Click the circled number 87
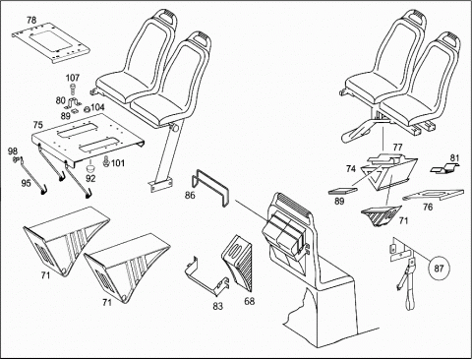click(x=439, y=269)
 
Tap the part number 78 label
click(x=31, y=20)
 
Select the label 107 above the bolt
click(x=73, y=78)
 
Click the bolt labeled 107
click(x=72, y=90)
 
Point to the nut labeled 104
click(x=88, y=109)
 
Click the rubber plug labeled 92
click(x=89, y=168)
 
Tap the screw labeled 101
click(x=106, y=161)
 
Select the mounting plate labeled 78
click(x=51, y=43)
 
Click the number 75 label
click(x=37, y=125)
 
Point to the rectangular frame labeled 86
click(x=209, y=188)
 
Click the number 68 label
click(x=250, y=301)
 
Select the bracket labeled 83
click(x=207, y=275)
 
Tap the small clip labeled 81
click(x=444, y=169)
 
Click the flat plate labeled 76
click(x=434, y=195)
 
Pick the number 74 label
click(x=350, y=169)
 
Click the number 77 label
click(x=397, y=148)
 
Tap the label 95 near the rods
click(x=26, y=183)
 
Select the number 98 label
click(x=13, y=151)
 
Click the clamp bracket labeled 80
click(x=73, y=102)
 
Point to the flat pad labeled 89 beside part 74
click(x=342, y=191)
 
